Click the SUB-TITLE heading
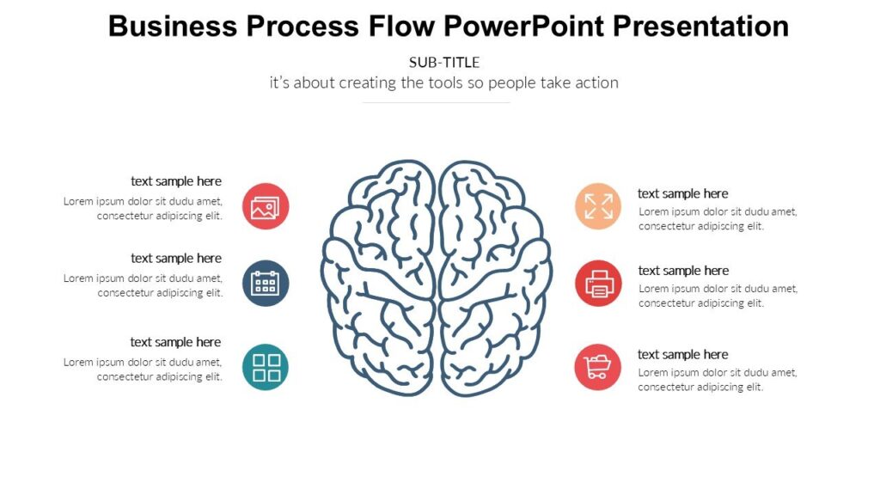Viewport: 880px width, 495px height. (444, 62)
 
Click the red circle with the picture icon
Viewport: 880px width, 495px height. (266, 206)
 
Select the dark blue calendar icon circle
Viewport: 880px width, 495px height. (266, 283)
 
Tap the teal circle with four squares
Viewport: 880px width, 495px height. (266, 367)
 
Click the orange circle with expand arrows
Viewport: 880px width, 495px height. (598, 206)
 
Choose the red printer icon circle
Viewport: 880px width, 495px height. (598, 283)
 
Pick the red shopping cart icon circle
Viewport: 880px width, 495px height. (598, 367)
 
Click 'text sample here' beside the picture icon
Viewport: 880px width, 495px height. (176, 181)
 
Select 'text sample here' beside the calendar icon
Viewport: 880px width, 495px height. (176, 258)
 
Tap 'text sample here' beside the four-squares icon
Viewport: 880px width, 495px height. (176, 342)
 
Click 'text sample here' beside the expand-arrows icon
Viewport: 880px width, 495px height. (682, 193)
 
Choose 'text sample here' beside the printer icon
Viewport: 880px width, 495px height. (682, 271)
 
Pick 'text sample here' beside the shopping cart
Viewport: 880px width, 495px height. (682, 354)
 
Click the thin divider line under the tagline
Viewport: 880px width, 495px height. (437, 102)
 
